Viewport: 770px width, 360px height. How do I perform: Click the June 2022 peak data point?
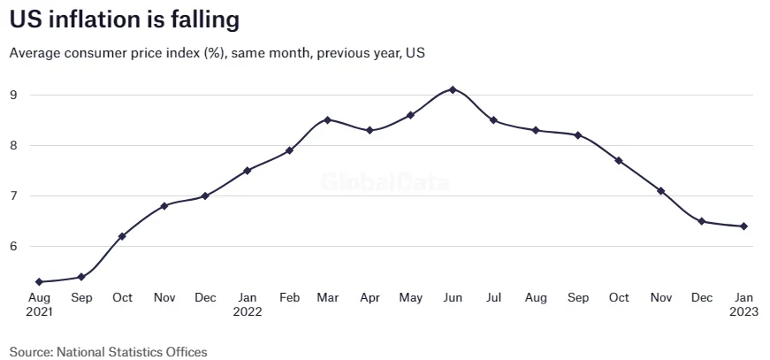453,89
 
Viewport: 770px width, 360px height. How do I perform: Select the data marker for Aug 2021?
40,282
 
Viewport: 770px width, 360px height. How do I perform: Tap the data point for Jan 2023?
744,226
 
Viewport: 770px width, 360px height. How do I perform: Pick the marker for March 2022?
328,119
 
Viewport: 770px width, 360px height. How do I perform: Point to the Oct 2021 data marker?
122,236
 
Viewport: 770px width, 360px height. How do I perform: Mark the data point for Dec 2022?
702,221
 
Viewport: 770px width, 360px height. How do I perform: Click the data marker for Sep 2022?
578,135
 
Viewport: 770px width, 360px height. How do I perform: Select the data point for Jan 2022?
247,170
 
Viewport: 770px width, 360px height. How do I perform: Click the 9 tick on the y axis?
14,95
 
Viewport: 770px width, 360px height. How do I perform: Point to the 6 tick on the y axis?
14,247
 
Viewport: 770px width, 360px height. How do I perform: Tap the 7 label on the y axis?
14,196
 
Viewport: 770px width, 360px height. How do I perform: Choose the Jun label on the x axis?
453,297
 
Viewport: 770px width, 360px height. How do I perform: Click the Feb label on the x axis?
288,297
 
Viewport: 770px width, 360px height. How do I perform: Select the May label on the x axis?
411,297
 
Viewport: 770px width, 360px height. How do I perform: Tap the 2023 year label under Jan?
743,311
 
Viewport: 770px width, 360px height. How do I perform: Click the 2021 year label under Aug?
40,311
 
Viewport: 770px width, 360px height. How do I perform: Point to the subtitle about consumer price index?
217,53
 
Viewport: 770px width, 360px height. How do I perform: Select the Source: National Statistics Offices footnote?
109,351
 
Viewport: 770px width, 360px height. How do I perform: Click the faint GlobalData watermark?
385,183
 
